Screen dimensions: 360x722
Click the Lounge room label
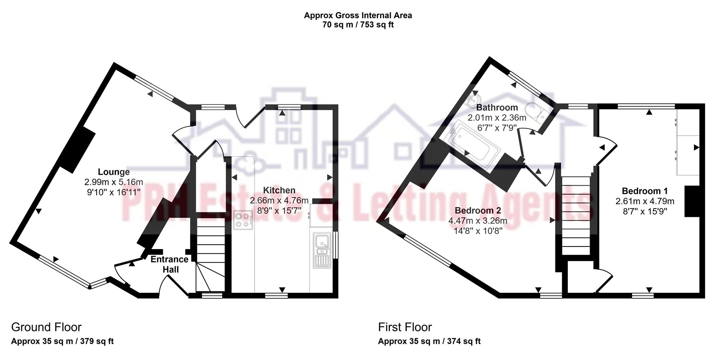pos(114,172)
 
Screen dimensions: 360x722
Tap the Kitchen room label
pos(279,190)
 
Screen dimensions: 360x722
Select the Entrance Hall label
pos(170,264)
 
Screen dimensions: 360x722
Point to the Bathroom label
pos(497,107)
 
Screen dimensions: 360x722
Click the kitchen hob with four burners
pos(243,220)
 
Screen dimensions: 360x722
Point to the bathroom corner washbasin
pos(475,98)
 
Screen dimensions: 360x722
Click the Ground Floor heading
pos(46,327)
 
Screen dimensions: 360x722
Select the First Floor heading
pos(405,327)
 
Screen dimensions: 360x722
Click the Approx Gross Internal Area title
pos(358,15)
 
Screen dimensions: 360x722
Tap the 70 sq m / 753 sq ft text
pos(358,25)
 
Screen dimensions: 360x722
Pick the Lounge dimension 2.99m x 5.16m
pos(114,182)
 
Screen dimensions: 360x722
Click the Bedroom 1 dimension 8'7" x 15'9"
pos(645,211)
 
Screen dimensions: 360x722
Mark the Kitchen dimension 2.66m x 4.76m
pos(279,200)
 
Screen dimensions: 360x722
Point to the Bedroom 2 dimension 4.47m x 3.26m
pos(478,221)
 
